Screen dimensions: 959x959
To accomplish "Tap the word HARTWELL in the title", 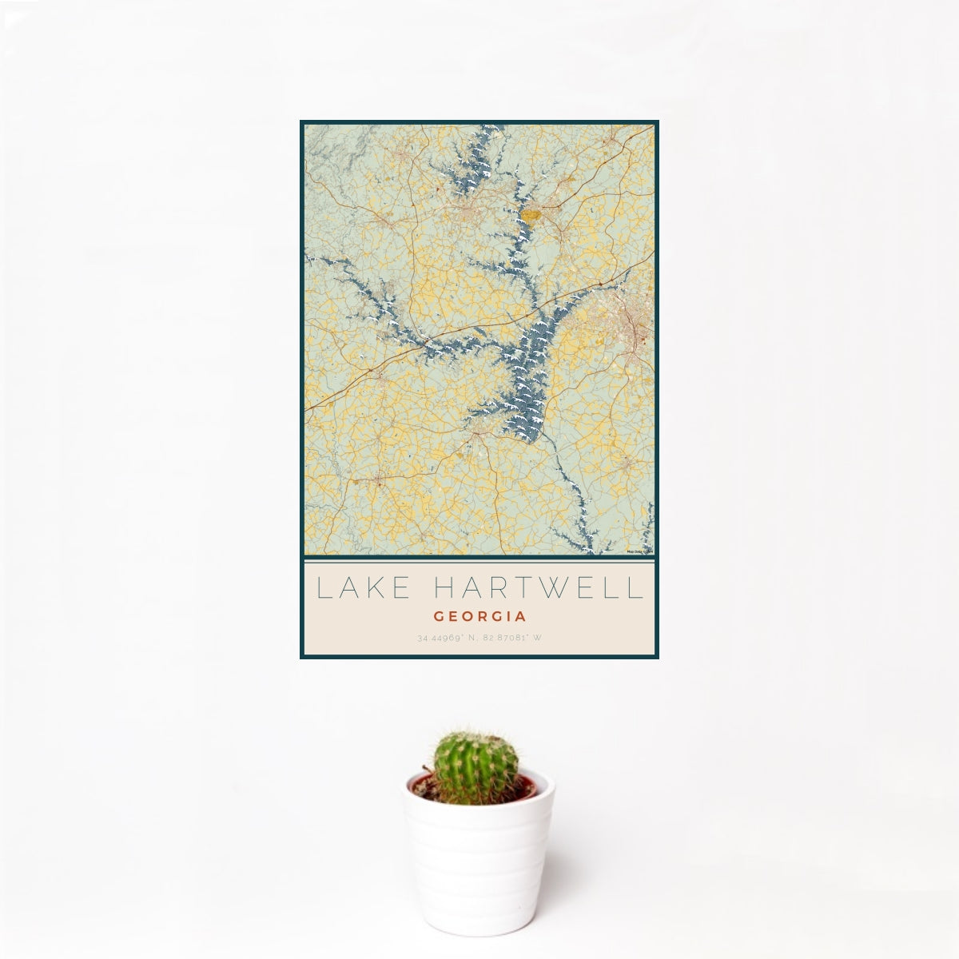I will (538, 588).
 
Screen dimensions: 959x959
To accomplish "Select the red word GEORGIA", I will (479, 617).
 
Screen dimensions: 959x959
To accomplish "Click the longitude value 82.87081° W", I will (511, 638).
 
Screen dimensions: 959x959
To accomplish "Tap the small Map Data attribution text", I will (640, 551).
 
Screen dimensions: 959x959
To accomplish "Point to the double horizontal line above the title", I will (479, 559).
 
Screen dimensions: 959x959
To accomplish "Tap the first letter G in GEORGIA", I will (438, 617).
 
